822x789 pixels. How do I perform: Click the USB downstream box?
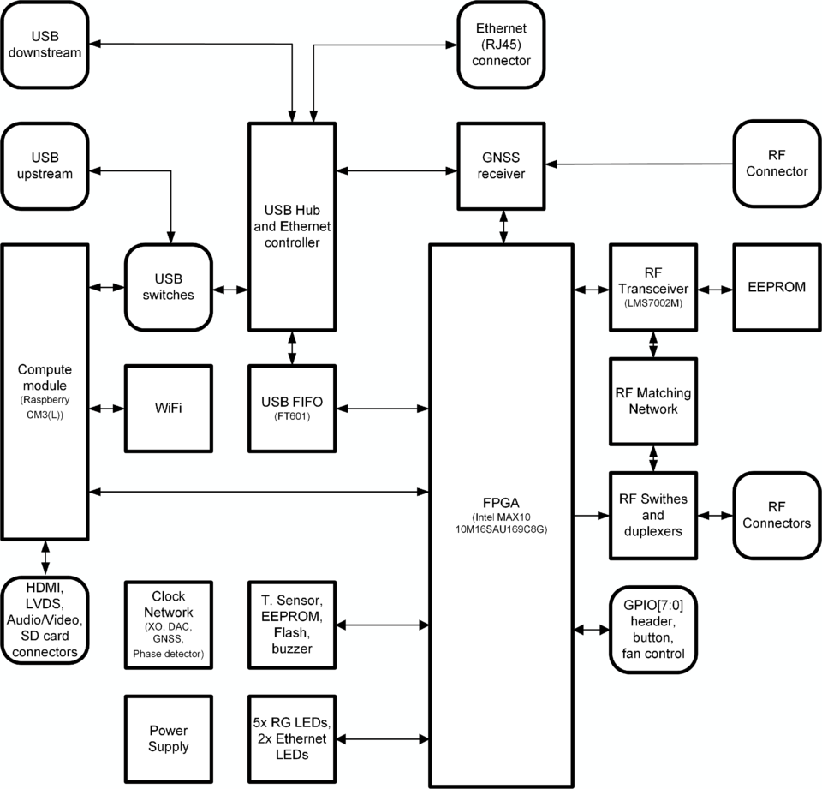(x=45, y=44)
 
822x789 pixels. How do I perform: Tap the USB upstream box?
(x=45, y=165)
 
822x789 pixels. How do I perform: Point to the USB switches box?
(x=168, y=287)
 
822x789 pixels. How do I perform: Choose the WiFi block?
(x=168, y=409)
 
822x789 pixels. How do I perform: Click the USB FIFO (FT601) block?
(x=292, y=409)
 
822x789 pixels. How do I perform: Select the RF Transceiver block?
(x=653, y=287)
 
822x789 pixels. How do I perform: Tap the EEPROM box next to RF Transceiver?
(x=777, y=287)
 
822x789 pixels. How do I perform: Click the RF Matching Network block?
(x=653, y=402)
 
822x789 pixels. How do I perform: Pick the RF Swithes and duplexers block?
(x=653, y=516)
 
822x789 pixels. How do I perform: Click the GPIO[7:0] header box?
(x=652, y=629)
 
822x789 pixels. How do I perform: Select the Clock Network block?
(x=168, y=625)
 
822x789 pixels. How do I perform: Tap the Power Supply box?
(x=168, y=738)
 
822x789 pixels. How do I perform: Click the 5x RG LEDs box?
(x=292, y=738)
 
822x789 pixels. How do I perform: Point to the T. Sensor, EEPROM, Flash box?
(x=292, y=625)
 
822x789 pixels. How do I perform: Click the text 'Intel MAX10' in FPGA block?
(x=501, y=517)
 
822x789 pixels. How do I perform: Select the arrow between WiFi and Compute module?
(x=107, y=409)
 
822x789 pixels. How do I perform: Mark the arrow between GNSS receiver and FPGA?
(x=503, y=226)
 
